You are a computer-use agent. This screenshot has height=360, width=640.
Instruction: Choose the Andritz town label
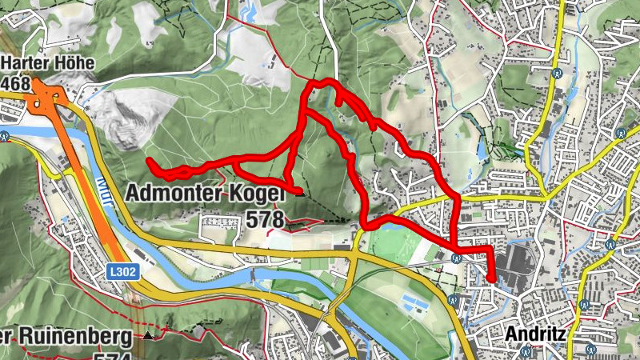[536, 333]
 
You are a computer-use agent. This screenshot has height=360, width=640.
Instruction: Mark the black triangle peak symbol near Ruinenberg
[149, 334]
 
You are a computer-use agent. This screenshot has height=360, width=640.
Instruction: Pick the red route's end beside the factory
[491, 279]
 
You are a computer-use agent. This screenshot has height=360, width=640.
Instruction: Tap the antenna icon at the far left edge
[5, 136]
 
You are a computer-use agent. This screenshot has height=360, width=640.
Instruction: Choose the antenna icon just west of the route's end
[456, 258]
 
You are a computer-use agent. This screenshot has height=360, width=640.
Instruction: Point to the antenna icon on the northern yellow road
[554, 74]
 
